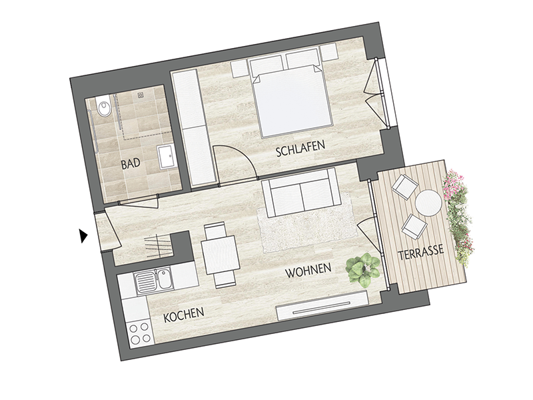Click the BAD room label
(x=131, y=164)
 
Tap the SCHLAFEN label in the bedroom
(x=300, y=148)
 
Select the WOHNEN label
(x=308, y=270)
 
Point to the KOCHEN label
(x=184, y=315)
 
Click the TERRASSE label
(x=421, y=252)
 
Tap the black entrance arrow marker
(x=83, y=236)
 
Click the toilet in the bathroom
(x=103, y=105)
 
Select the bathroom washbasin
(x=167, y=157)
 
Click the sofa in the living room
(x=300, y=192)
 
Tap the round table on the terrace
(x=428, y=203)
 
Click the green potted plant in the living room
(x=362, y=269)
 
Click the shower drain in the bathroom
(x=141, y=95)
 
